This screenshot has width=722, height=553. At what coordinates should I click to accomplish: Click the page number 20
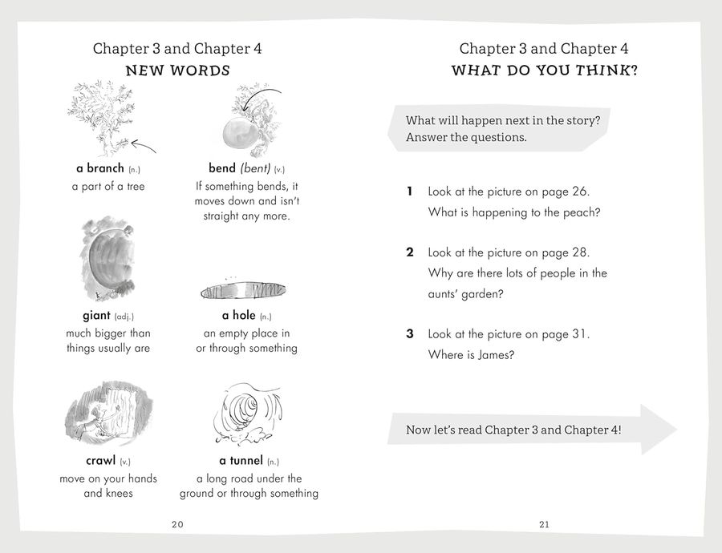177,524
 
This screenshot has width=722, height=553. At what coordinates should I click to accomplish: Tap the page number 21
544,524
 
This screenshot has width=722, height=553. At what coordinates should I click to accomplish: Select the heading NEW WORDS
178,71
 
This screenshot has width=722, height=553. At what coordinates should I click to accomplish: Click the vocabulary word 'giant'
97,316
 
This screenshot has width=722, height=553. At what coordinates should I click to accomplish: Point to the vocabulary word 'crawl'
100,461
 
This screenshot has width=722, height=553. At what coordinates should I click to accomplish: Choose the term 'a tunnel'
241,461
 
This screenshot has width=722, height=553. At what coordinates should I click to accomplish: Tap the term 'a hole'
238,315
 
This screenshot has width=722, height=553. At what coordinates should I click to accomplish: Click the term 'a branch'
100,168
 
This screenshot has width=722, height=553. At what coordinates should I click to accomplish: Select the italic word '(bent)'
255,168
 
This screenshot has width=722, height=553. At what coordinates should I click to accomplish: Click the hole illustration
243,291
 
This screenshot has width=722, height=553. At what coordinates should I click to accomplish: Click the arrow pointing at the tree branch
144,146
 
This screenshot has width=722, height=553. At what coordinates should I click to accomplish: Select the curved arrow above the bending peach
260,96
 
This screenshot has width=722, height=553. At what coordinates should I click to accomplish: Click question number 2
410,252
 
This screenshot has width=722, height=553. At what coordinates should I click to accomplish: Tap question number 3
410,333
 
